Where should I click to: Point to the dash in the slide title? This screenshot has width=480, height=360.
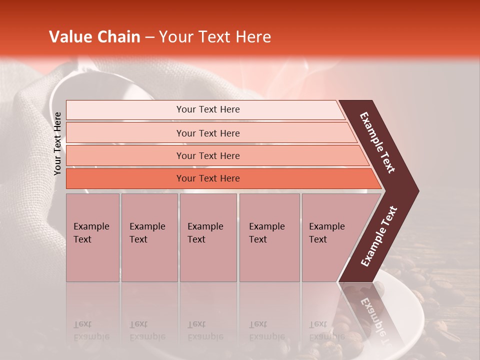pos(149,37)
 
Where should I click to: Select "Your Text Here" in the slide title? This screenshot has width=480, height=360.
pos(215,37)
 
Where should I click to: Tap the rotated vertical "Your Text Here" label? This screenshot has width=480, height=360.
pos(57,143)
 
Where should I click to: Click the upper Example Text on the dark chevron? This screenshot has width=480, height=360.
pos(378,142)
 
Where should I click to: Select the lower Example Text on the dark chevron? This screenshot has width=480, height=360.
pos(378,236)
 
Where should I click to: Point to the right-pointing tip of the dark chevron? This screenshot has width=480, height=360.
pos(417,191)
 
